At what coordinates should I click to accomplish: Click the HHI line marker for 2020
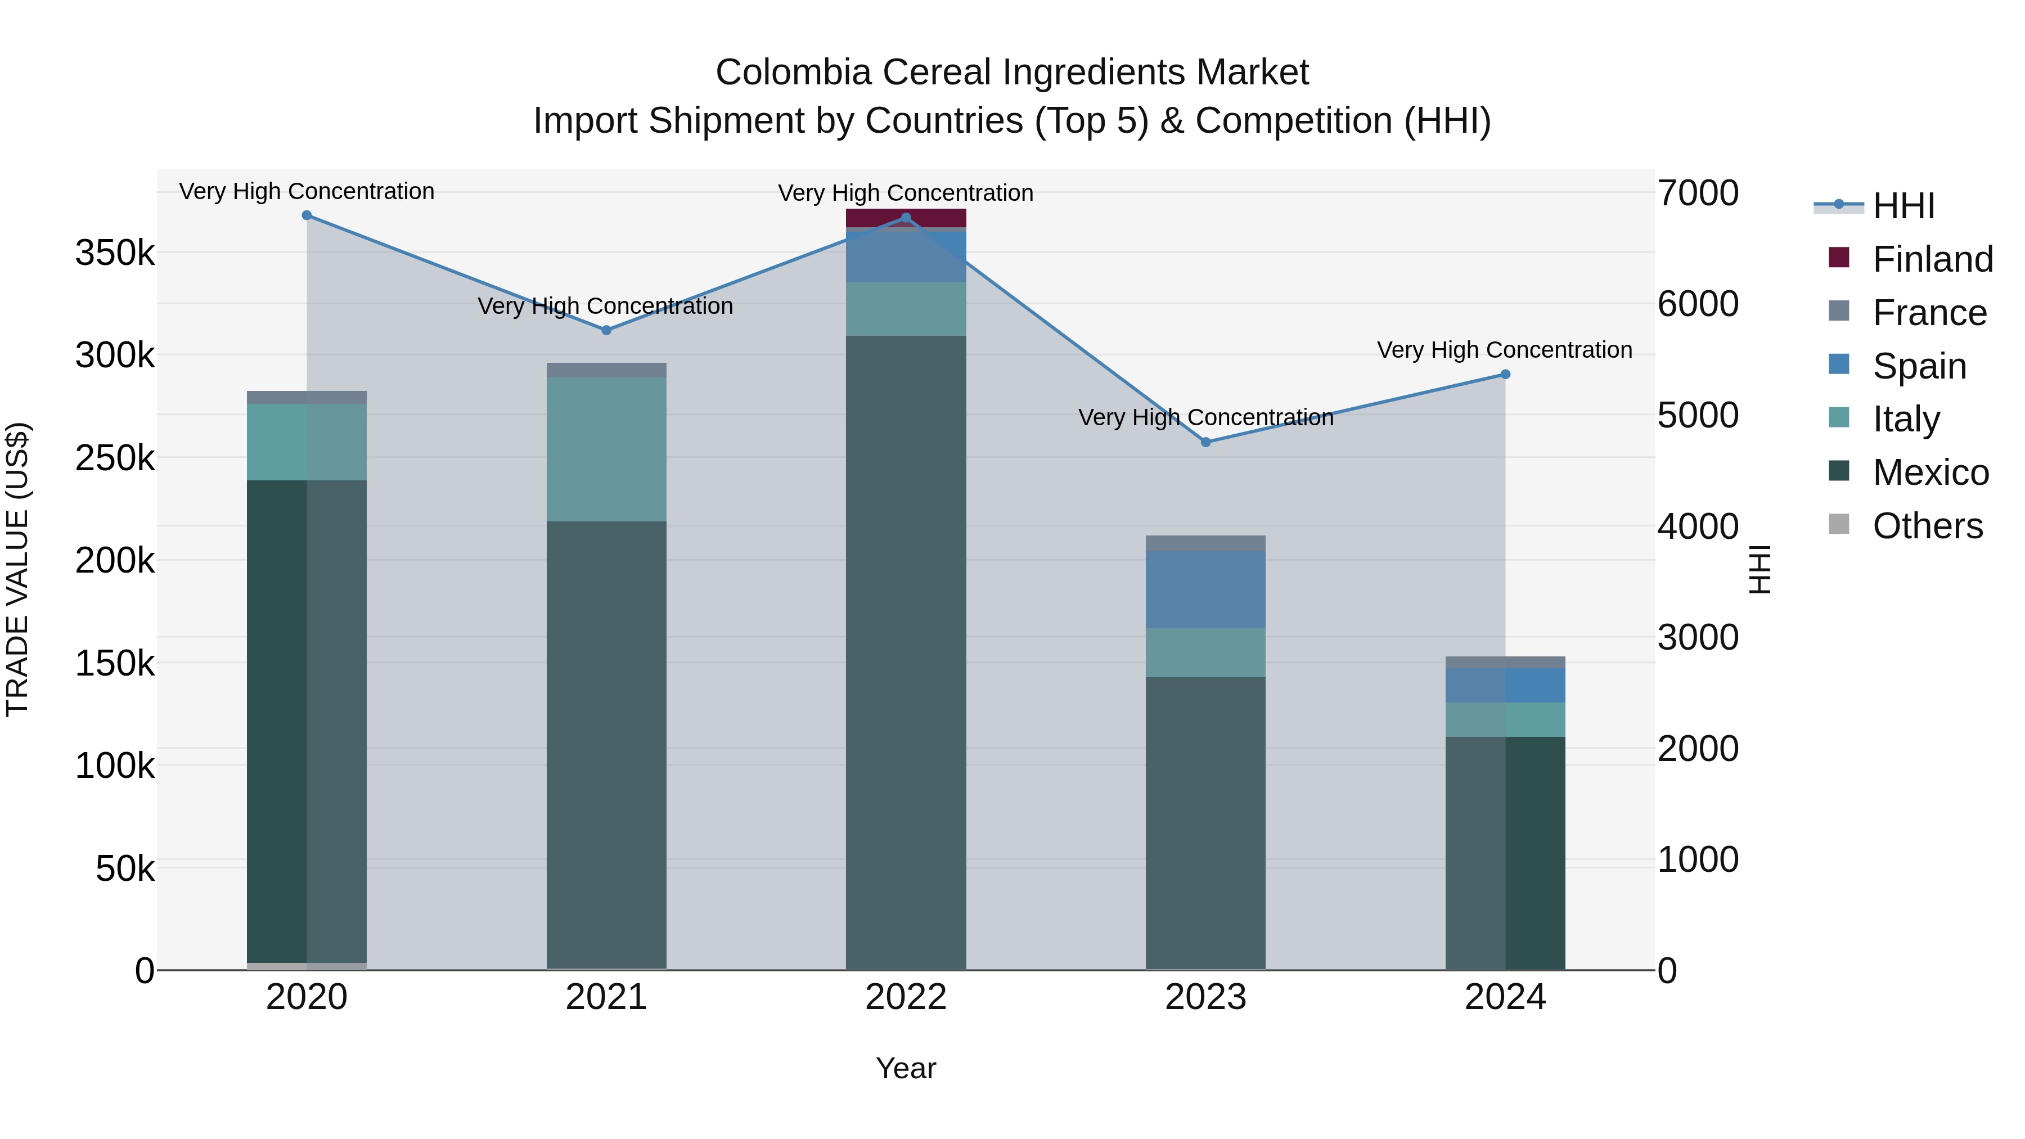tap(307, 215)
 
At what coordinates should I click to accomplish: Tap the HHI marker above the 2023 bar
tap(1205, 443)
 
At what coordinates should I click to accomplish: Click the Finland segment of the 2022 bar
tap(906, 218)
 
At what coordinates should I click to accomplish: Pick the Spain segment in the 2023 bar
tap(1205, 589)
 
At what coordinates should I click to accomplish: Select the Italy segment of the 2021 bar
tap(606, 449)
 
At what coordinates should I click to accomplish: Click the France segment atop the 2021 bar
tap(606, 370)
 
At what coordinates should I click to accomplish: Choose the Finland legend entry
tap(1932, 259)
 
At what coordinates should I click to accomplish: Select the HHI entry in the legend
tap(1903, 206)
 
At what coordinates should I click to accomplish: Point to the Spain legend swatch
tap(1839, 364)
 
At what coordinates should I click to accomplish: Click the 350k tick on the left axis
tap(115, 253)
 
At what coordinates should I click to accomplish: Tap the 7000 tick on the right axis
tap(1698, 193)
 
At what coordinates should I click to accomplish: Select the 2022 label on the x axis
tap(906, 997)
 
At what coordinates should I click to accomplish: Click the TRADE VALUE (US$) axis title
tap(17, 569)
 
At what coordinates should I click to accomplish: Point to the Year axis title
tap(906, 1068)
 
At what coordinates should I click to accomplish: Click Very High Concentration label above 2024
tap(1504, 350)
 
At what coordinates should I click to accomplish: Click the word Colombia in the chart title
tap(793, 73)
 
